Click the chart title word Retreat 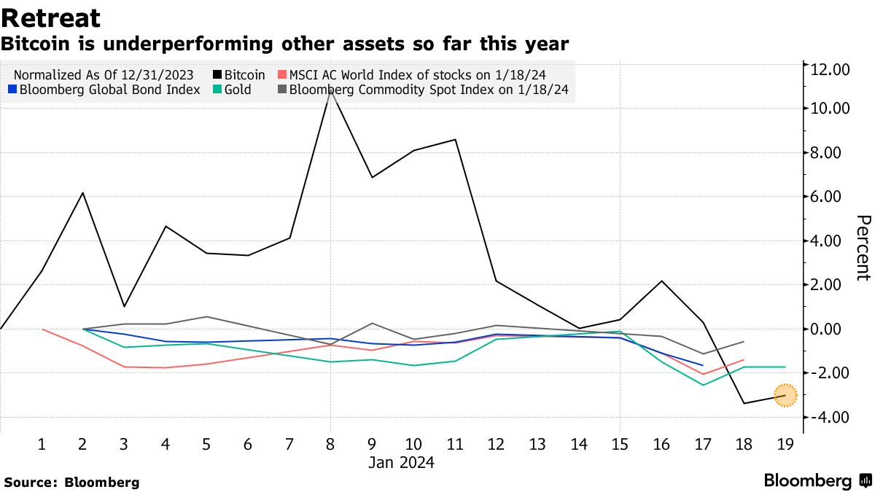pos(51,18)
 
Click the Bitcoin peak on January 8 pos(331,90)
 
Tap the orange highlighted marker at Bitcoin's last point pos(785,395)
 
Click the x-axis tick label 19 pos(785,443)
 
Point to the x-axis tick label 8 pos(331,443)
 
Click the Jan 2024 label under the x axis pos(401,462)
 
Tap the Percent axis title pos(863,248)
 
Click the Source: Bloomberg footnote pos(71,482)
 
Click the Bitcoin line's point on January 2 pos(83,193)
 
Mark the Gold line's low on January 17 pos(703,385)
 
